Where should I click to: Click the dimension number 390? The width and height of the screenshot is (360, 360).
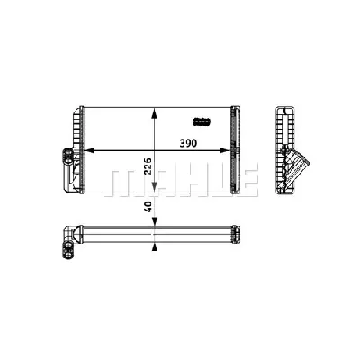coord(188,143)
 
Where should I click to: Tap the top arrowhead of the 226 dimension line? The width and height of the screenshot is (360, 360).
coord(157,112)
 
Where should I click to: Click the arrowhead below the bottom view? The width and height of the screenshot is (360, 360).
coord(157,243)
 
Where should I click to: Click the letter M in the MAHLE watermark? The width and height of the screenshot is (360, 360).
coord(119,180)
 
